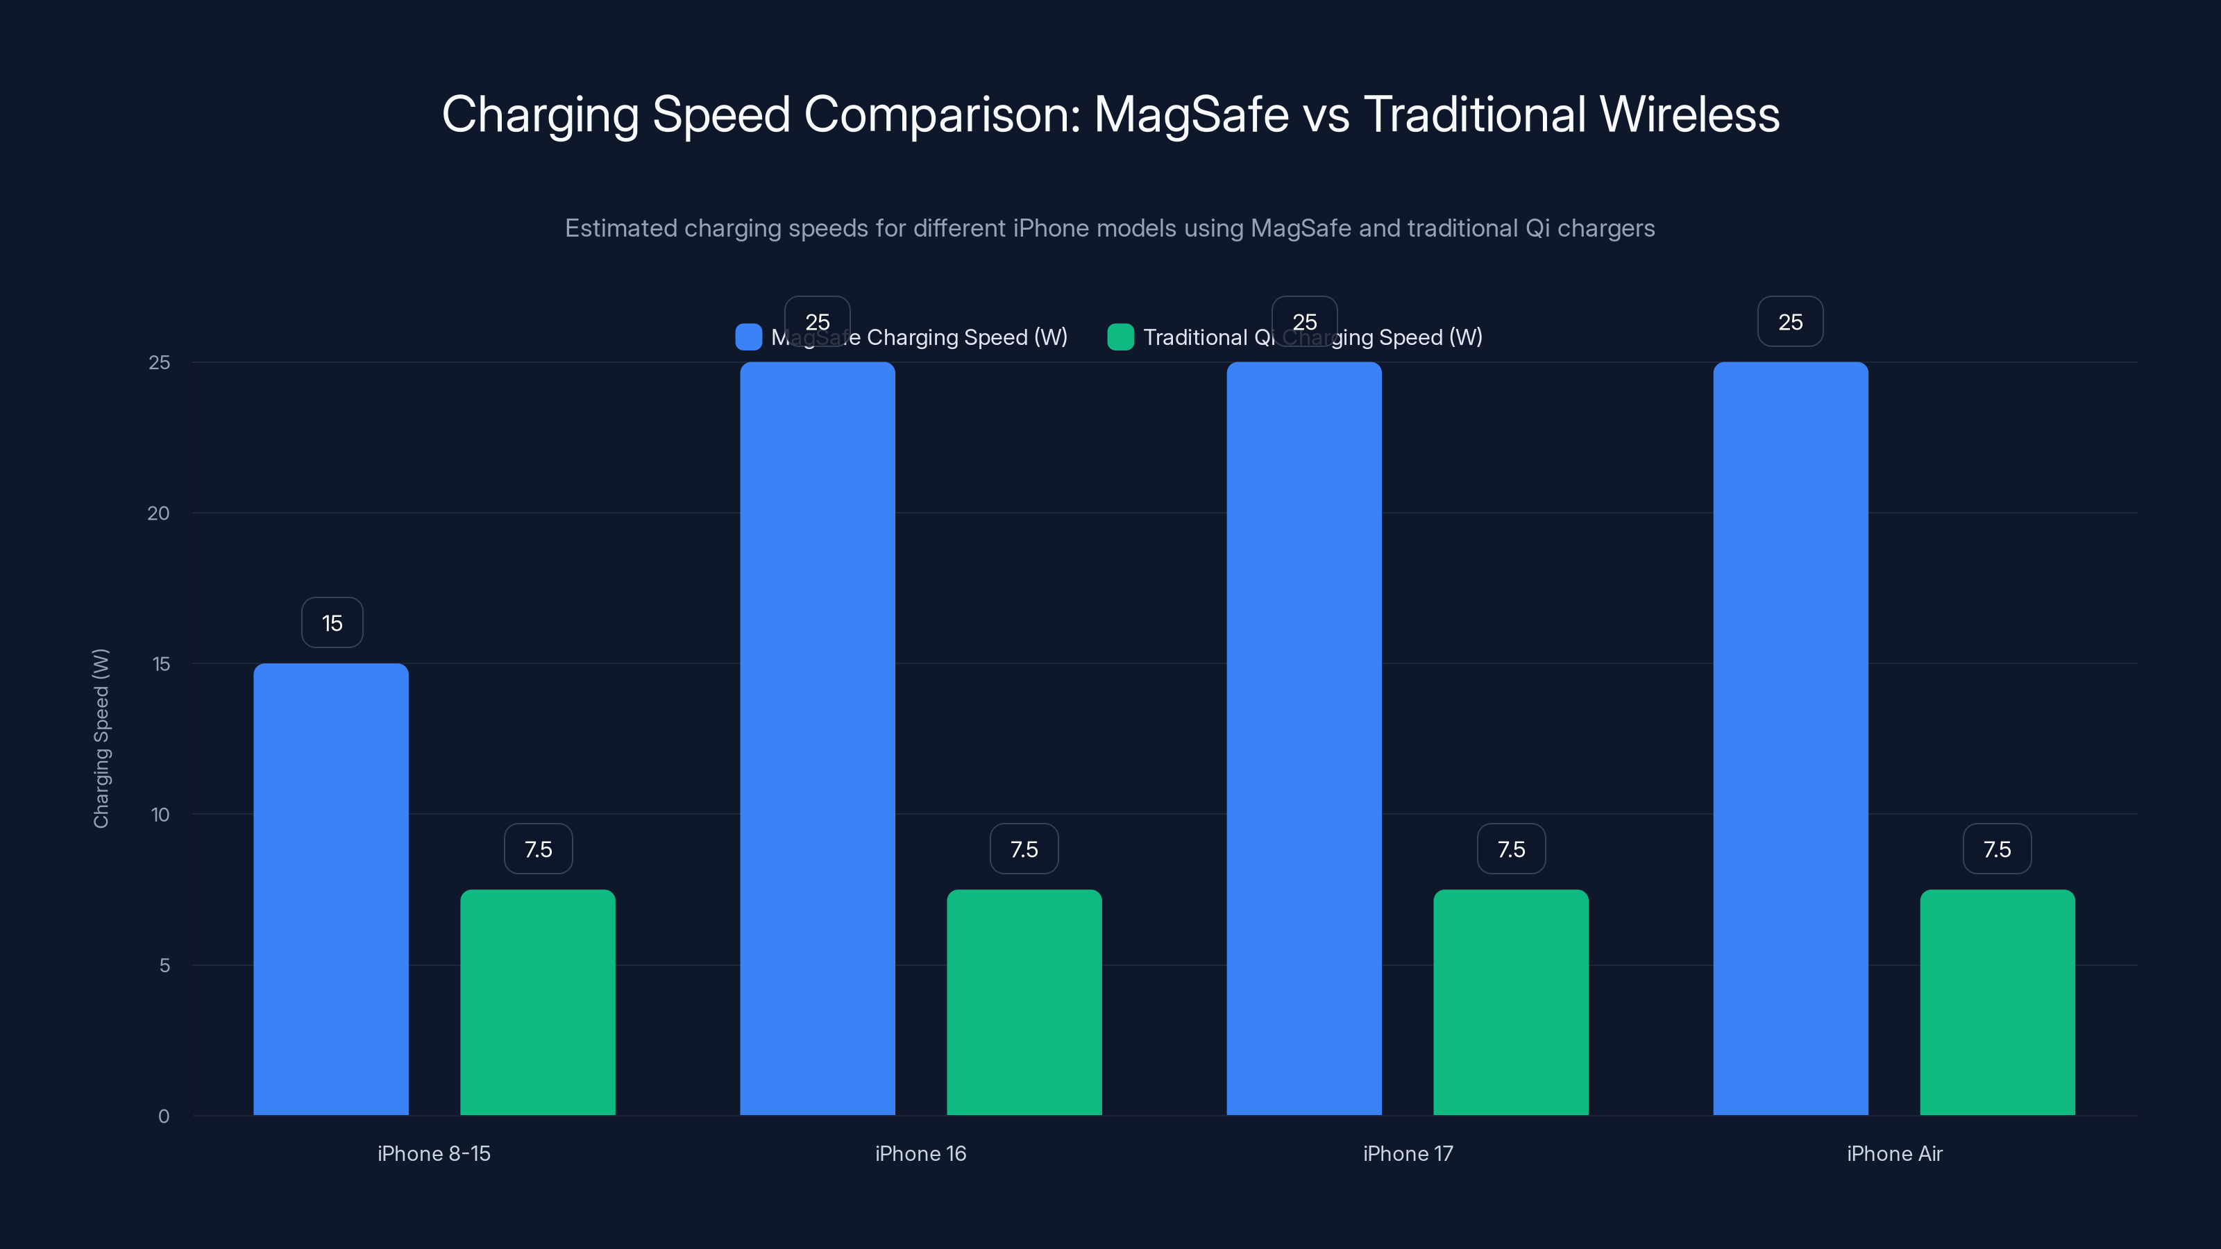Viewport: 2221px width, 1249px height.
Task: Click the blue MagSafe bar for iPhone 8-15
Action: tap(331, 888)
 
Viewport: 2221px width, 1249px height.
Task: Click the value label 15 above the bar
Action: tap(332, 622)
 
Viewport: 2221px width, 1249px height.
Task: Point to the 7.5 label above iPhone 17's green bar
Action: tap(1510, 849)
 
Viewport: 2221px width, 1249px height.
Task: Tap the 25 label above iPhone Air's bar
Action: tap(1790, 321)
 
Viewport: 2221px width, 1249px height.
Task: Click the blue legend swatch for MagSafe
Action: tap(748, 337)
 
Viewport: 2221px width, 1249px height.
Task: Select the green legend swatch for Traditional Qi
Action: tap(1120, 337)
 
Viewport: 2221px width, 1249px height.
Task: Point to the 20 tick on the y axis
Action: tap(159, 513)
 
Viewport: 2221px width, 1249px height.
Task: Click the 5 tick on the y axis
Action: tap(164, 965)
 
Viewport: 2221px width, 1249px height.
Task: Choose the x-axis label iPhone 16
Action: tap(920, 1153)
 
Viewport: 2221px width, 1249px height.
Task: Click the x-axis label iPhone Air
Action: tap(1894, 1153)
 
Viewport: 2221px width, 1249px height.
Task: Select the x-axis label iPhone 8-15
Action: tap(434, 1153)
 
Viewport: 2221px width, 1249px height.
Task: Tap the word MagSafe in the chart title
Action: tap(1191, 114)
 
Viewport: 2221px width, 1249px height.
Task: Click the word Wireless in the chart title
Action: tap(1689, 114)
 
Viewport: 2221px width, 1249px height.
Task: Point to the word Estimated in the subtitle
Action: tap(620, 228)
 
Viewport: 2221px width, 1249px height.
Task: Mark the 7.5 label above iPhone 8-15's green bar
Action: tap(538, 849)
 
